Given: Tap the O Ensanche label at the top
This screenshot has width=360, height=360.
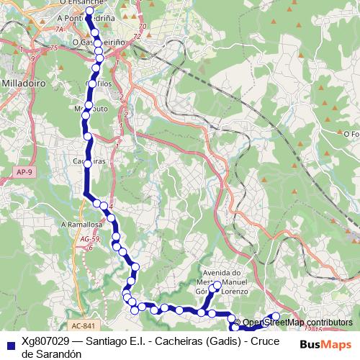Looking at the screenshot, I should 83,4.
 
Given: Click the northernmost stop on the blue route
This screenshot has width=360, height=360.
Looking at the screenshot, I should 90,11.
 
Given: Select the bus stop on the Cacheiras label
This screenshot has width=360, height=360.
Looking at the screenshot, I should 88,163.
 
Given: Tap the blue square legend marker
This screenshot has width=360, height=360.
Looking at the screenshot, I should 10,344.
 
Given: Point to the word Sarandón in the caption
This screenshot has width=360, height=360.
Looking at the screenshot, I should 60,354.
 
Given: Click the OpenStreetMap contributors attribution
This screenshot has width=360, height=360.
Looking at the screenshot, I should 297,322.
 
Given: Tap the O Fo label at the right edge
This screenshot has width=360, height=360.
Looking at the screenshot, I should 351,133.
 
